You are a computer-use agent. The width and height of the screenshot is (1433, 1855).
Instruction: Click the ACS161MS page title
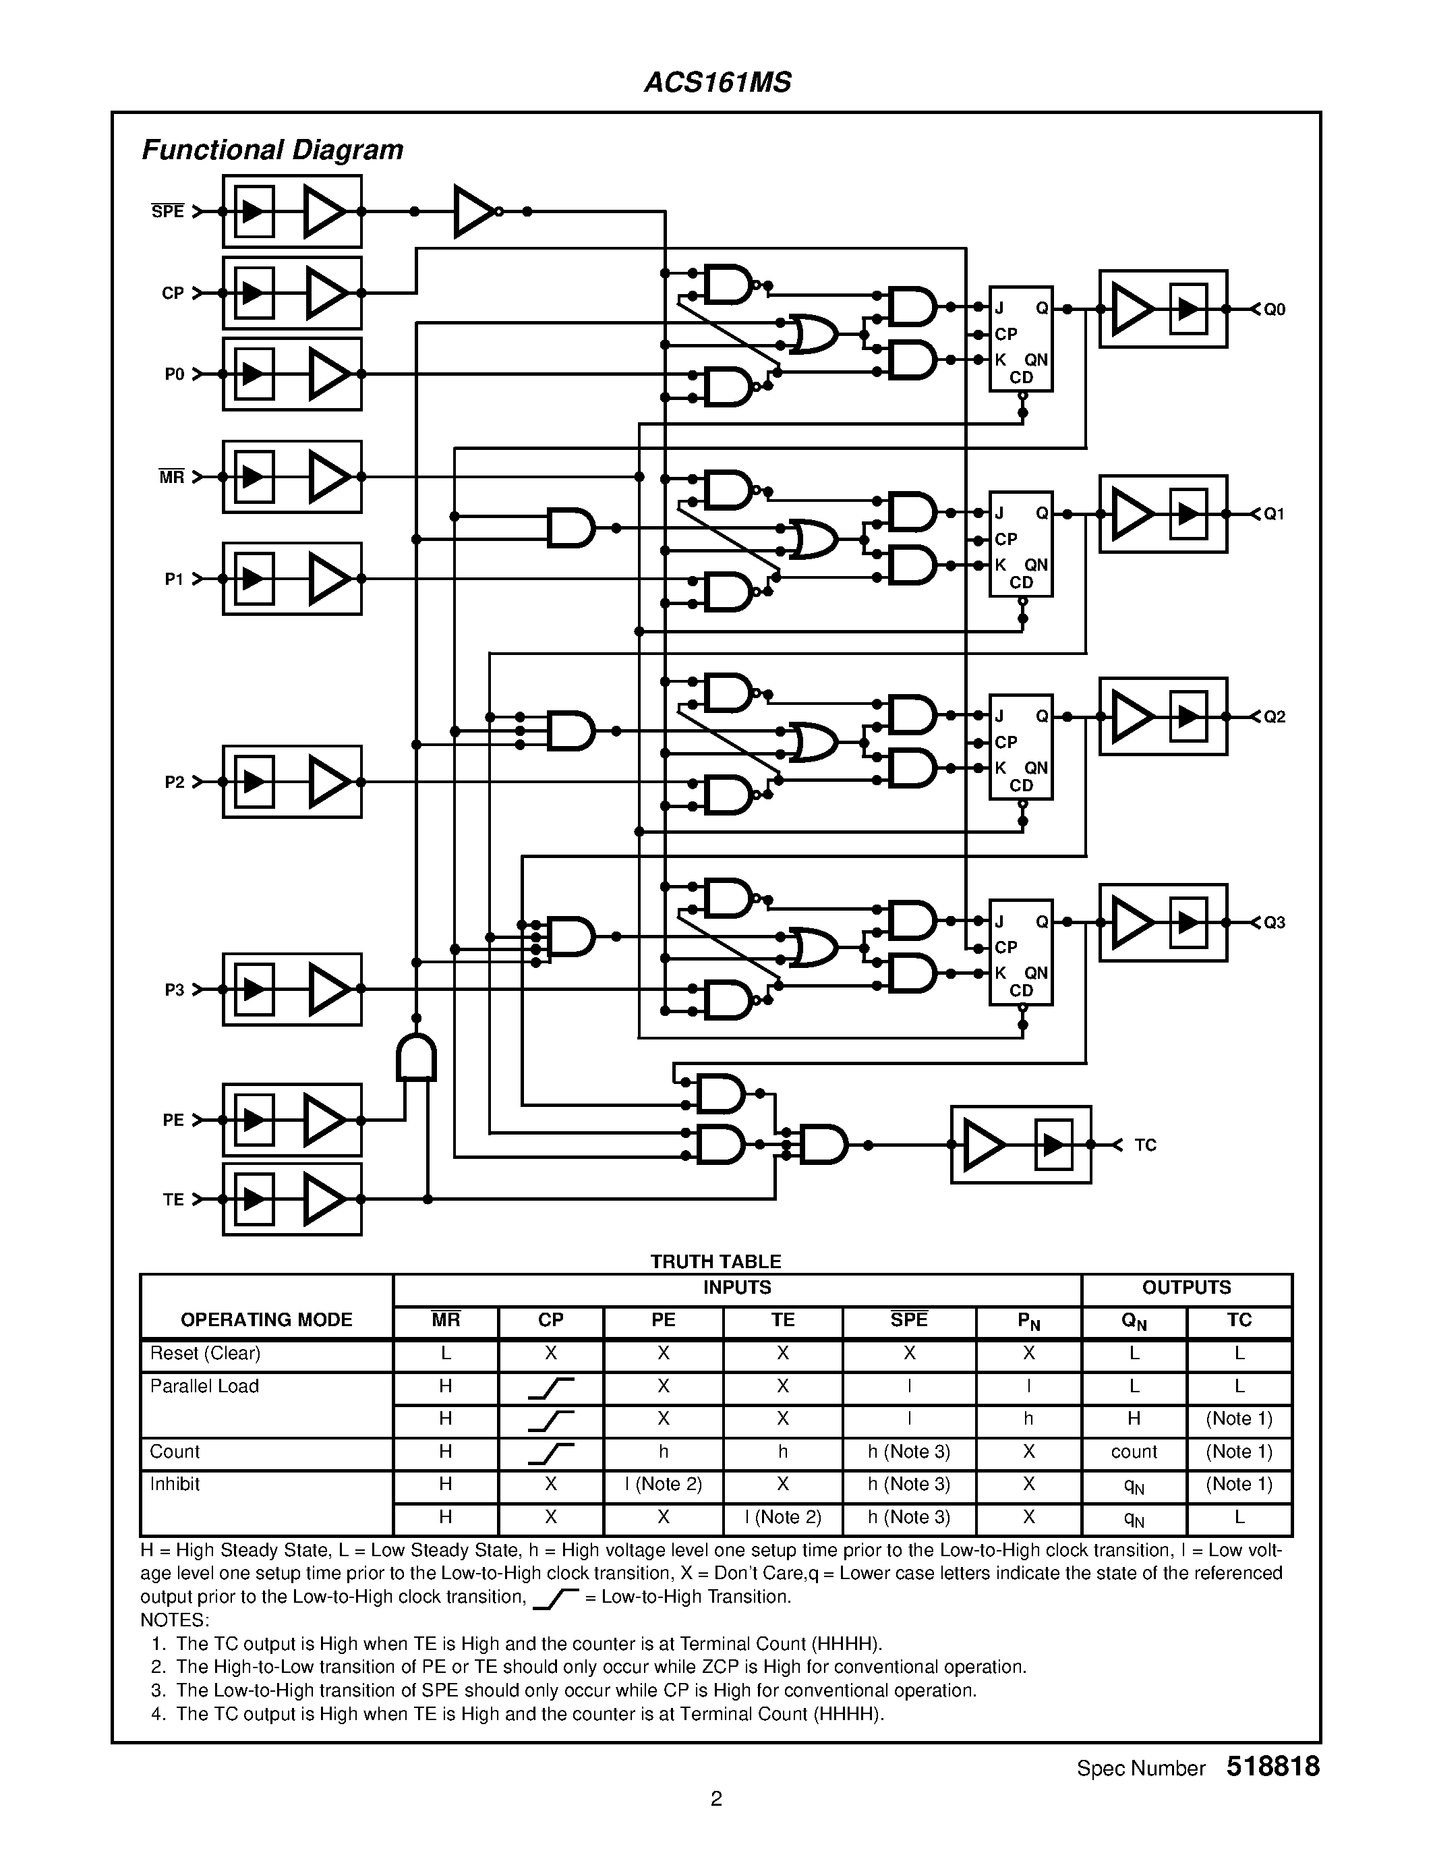click(x=718, y=82)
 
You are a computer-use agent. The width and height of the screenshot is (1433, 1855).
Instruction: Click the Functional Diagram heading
click(x=272, y=150)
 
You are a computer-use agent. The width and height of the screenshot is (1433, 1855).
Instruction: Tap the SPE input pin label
click(x=167, y=212)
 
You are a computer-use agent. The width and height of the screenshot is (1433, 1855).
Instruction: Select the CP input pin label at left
click(x=173, y=293)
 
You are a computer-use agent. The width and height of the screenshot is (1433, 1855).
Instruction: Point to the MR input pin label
click(x=171, y=478)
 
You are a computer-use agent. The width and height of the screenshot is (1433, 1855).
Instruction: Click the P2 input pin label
click(x=174, y=782)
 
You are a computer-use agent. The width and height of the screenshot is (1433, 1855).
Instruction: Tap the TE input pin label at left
click(x=173, y=1199)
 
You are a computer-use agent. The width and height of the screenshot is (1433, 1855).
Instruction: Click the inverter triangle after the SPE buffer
click(x=472, y=212)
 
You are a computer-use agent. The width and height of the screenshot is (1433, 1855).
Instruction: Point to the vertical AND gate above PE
click(x=416, y=1058)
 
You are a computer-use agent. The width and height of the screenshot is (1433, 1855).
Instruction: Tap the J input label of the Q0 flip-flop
click(x=1000, y=308)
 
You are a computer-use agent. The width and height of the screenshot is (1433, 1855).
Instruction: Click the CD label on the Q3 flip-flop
click(x=1020, y=990)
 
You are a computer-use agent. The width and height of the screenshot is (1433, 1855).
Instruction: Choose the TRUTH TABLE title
click(x=715, y=1261)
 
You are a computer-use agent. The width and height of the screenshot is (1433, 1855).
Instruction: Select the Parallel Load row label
click(x=204, y=1386)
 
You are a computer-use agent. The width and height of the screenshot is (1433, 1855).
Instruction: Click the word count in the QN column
click(x=1134, y=1452)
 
